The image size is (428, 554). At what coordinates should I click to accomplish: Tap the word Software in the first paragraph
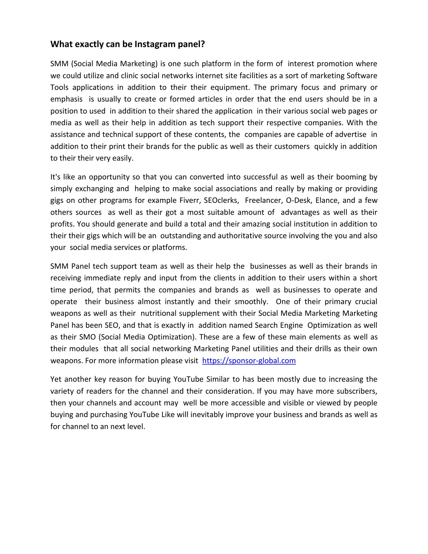tap(362, 76)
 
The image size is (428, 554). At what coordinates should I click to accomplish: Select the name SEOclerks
tap(221, 201)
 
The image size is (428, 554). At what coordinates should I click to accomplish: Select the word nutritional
tap(158, 313)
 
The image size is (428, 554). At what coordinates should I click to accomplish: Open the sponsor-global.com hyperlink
tap(249, 361)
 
